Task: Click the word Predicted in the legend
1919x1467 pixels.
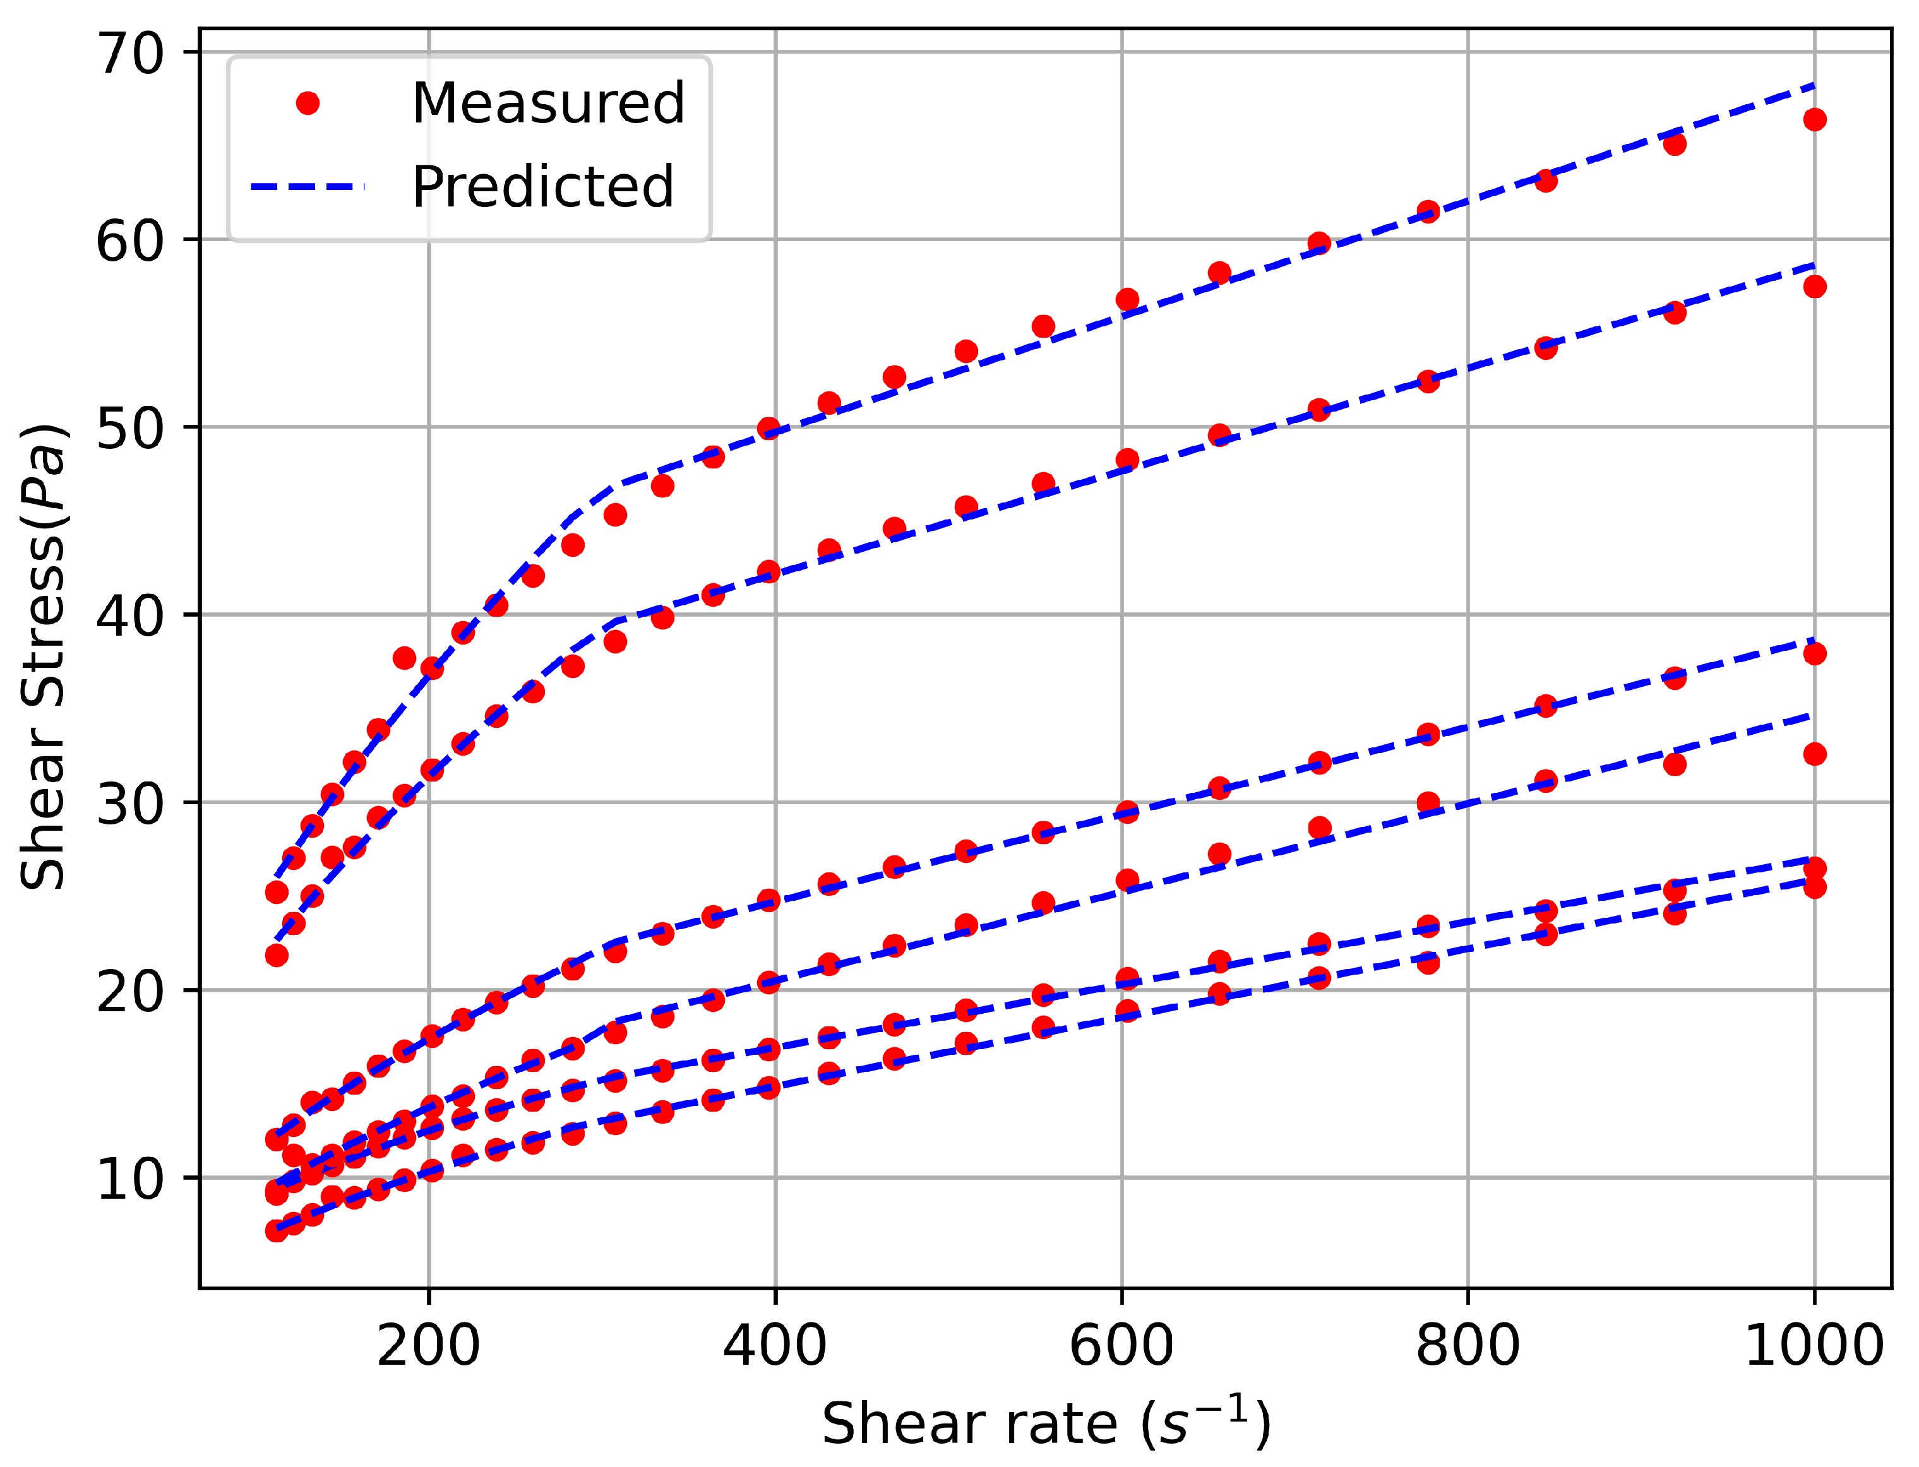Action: click(x=542, y=187)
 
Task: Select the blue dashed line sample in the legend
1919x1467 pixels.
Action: click(x=308, y=187)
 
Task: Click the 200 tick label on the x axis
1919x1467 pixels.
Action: click(x=428, y=1346)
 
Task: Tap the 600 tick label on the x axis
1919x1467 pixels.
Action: click(x=1121, y=1346)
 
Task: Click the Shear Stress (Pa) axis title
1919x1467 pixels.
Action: click(x=44, y=656)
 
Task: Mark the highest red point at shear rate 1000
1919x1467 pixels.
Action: click(x=1814, y=120)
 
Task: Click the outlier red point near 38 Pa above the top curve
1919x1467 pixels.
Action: click(x=404, y=658)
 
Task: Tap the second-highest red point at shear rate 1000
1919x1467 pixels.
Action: click(x=1814, y=287)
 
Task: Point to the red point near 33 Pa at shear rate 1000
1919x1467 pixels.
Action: click(x=1814, y=754)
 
